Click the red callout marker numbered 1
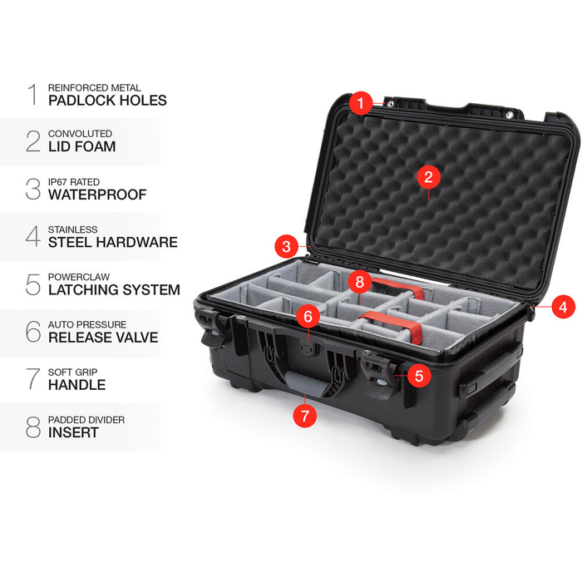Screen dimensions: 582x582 click(x=360, y=104)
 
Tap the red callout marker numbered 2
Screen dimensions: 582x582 click(x=428, y=176)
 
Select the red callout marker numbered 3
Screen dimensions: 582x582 click(x=286, y=246)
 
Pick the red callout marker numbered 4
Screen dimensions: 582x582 click(x=563, y=306)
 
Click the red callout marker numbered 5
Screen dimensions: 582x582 click(x=418, y=375)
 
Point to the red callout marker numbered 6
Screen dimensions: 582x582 click(x=308, y=316)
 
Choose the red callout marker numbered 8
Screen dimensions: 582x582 click(x=359, y=281)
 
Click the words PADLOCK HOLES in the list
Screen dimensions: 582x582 click(x=107, y=101)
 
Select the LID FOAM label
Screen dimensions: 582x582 click(x=81, y=147)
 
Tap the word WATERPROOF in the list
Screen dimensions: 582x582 click(x=96, y=195)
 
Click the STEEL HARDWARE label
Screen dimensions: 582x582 click(x=112, y=243)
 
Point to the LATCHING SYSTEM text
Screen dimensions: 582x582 click(x=114, y=290)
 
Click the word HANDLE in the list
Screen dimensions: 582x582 click(x=76, y=385)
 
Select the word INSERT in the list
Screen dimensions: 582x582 click(x=73, y=432)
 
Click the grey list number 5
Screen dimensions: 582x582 click(x=32, y=284)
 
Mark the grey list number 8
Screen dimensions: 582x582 click(x=32, y=427)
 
